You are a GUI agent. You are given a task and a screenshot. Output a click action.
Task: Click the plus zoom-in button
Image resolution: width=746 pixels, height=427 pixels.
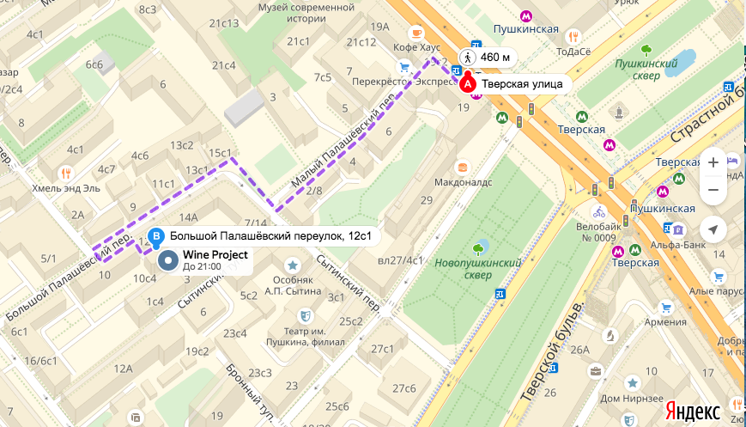713,162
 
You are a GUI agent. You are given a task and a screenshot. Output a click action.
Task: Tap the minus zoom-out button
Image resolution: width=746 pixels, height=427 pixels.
713,190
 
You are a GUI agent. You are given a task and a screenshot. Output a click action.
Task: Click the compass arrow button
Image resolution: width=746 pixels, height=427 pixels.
713,229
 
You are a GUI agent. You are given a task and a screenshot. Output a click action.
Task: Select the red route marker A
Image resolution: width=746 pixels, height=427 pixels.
467,83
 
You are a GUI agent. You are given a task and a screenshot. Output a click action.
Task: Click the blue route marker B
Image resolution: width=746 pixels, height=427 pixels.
155,236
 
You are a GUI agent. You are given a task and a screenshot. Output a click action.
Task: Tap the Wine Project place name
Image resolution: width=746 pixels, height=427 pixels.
215,255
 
